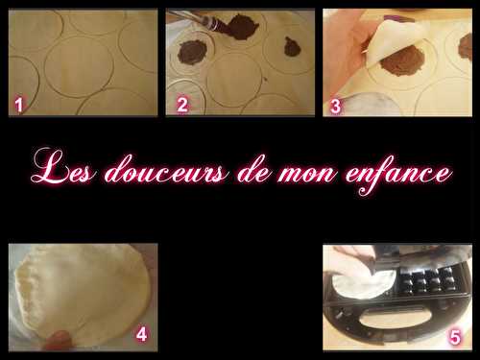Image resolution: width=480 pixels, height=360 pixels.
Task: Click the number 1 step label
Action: tap(19, 106)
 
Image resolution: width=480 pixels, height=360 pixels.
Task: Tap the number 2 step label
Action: tap(182, 105)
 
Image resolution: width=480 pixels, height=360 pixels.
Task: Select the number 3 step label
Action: tap(335, 107)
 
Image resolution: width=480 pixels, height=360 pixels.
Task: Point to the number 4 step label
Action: tap(141, 334)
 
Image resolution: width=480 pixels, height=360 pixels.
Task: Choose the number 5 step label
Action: tap(455, 337)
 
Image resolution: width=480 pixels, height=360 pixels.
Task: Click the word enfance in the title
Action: tap(398, 174)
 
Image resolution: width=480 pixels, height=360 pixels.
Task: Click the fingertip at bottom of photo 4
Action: tap(57, 341)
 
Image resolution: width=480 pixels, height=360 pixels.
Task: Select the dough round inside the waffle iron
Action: tap(363, 281)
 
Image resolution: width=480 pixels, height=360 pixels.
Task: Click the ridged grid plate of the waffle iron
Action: tap(425, 281)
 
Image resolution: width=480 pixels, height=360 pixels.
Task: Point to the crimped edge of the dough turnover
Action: tap(26, 288)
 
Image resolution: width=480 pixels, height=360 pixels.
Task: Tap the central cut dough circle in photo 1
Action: tap(79, 66)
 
